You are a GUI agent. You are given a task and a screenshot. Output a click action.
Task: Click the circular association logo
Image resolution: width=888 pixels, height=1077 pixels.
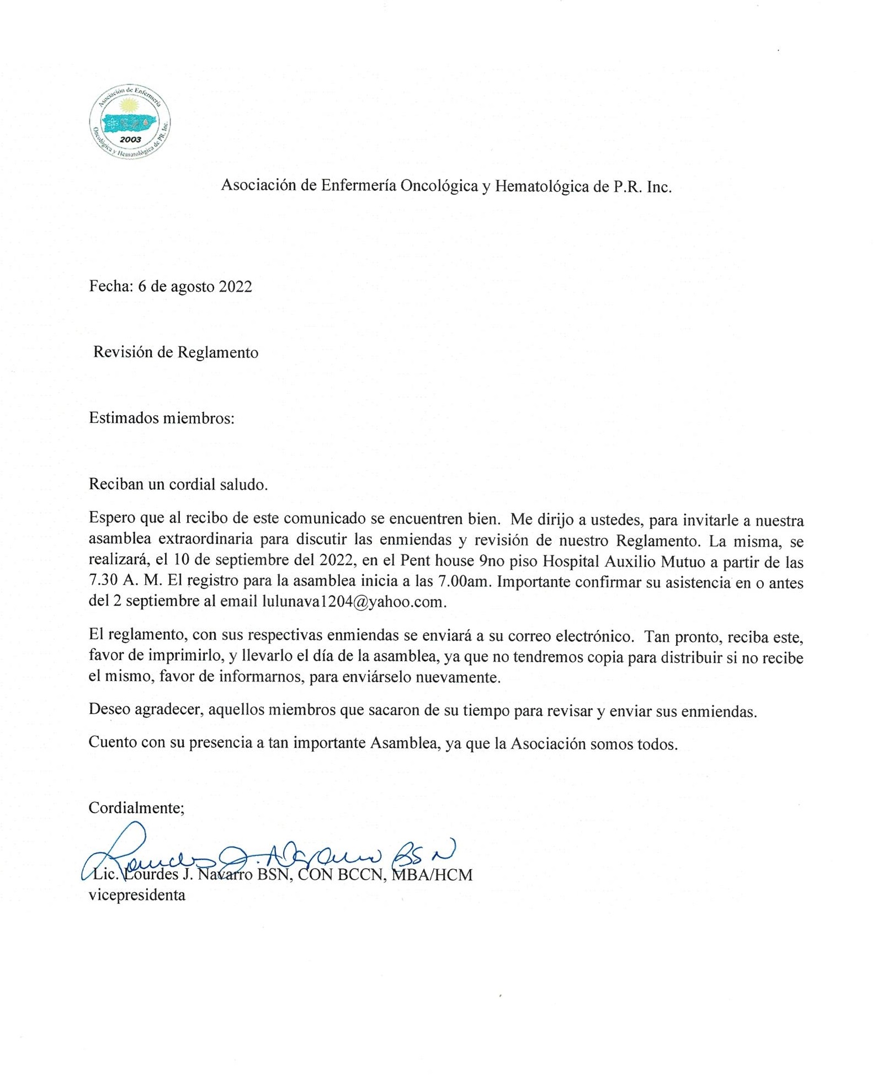pyautogui.click(x=130, y=121)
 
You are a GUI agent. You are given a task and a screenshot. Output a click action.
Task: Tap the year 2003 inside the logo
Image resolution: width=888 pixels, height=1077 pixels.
pyautogui.click(x=130, y=140)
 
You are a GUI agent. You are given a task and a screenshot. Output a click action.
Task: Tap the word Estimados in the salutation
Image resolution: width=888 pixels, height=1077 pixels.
pyautogui.click(x=123, y=418)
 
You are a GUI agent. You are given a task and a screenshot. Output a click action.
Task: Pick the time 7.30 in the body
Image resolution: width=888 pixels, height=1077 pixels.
pyautogui.click(x=100, y=582)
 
